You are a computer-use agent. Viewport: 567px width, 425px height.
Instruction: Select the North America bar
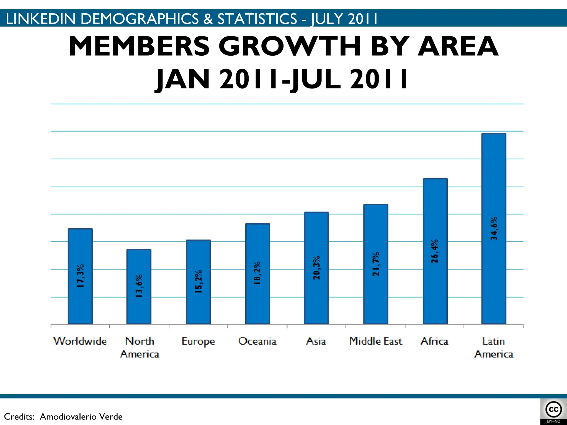(139, 286)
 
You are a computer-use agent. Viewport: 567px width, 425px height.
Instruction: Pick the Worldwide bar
(80, 276)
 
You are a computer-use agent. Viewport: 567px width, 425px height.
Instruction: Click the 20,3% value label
(316, 268)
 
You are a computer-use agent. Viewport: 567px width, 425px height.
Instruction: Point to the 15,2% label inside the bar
(198, 281)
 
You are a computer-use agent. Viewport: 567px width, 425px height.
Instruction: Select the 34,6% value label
(494, 228)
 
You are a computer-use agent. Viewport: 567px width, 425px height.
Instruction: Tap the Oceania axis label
(257, 341)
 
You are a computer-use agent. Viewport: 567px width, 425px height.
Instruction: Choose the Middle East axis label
(375, 341)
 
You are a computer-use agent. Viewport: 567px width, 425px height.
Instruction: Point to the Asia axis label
(316, 341)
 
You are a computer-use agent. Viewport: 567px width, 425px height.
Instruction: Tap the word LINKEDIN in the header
(40, 19)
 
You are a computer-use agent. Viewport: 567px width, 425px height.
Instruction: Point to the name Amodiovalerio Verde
(81, 416)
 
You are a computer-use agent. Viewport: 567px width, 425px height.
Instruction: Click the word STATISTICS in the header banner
(257, 19)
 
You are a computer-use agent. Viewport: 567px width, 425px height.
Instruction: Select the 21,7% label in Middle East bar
(376, 264)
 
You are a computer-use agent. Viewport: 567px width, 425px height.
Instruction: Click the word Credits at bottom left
(19, 416)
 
